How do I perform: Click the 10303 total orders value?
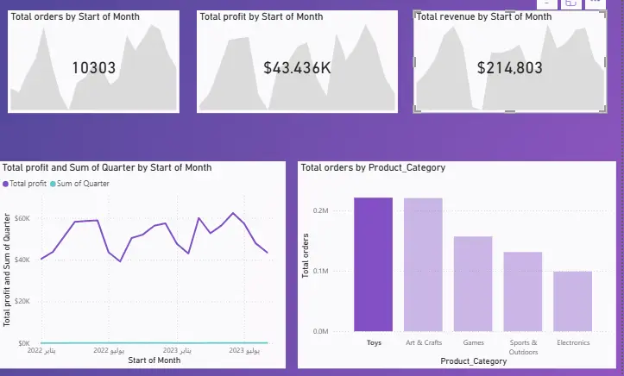(x=93, y=68)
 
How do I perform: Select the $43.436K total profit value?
(x=297, y=68)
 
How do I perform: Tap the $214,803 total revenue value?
(x=509, y=68)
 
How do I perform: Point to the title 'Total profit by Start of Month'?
(x=262, y=16)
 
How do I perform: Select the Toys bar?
(x=373, y=265)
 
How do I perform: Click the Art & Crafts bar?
(x=423, y=265)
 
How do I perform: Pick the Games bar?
(x=473, y=284)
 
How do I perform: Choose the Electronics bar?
(x=573, y=301)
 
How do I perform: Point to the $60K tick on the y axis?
(x=23, y=218)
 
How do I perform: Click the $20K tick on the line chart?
(x=23, y=302)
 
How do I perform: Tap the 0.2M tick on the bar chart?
(x=320, y=210)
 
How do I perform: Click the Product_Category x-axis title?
(x=472, y=360)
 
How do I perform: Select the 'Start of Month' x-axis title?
(x=154, y=360)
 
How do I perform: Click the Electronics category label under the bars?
(x=573, y=343)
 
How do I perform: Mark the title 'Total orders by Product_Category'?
(x=373, y=167)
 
